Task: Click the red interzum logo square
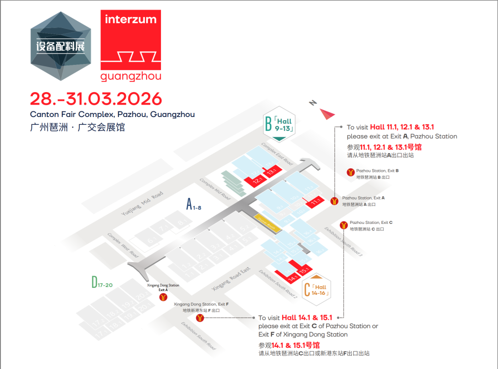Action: click(x=130, y=39)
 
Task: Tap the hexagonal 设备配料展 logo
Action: click(x=60, y=47)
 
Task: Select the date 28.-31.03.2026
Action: click(x=96, y=99)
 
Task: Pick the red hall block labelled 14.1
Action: click(x=292, y=278)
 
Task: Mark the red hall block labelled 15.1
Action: click(x=303, y=270)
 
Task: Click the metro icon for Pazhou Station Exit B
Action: click(x=350, y=173)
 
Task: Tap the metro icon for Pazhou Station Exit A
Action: click(x=335, y=201)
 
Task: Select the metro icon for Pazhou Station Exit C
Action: click(x=344, y=225)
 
